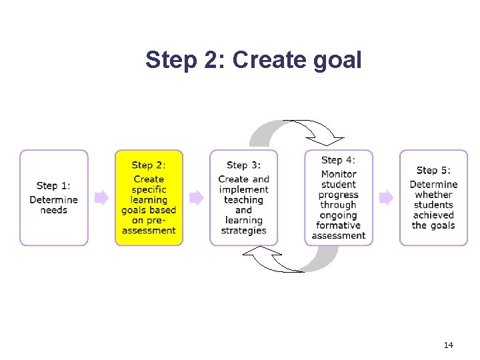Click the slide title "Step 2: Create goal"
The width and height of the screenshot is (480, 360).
click(253, 60)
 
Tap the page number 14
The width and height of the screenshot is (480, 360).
click(448, 345)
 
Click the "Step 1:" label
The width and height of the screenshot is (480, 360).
click(53, 186)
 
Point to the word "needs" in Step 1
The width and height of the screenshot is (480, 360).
click(53, 210)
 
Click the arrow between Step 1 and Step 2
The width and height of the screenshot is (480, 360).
click(101, 197)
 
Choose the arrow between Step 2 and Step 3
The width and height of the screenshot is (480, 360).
click(196, 197)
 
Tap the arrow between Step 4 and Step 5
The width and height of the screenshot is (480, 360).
click(386, 197)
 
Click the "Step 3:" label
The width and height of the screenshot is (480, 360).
click(243, 165)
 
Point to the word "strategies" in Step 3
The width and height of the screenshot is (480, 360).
click(243, 231)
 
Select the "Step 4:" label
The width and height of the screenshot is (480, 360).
click(338, 160)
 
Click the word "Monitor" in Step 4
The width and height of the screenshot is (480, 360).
click(338, 174)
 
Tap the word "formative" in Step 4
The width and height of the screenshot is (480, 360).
click(338, 225)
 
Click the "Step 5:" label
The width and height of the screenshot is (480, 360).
click(433, 171)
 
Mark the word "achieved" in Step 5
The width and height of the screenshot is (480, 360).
click(433, 215)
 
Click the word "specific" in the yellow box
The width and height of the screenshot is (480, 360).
click(149, 189)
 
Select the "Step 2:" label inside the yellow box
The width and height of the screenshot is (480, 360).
click(149, 165)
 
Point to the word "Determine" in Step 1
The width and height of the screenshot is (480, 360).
click(53, 200)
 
